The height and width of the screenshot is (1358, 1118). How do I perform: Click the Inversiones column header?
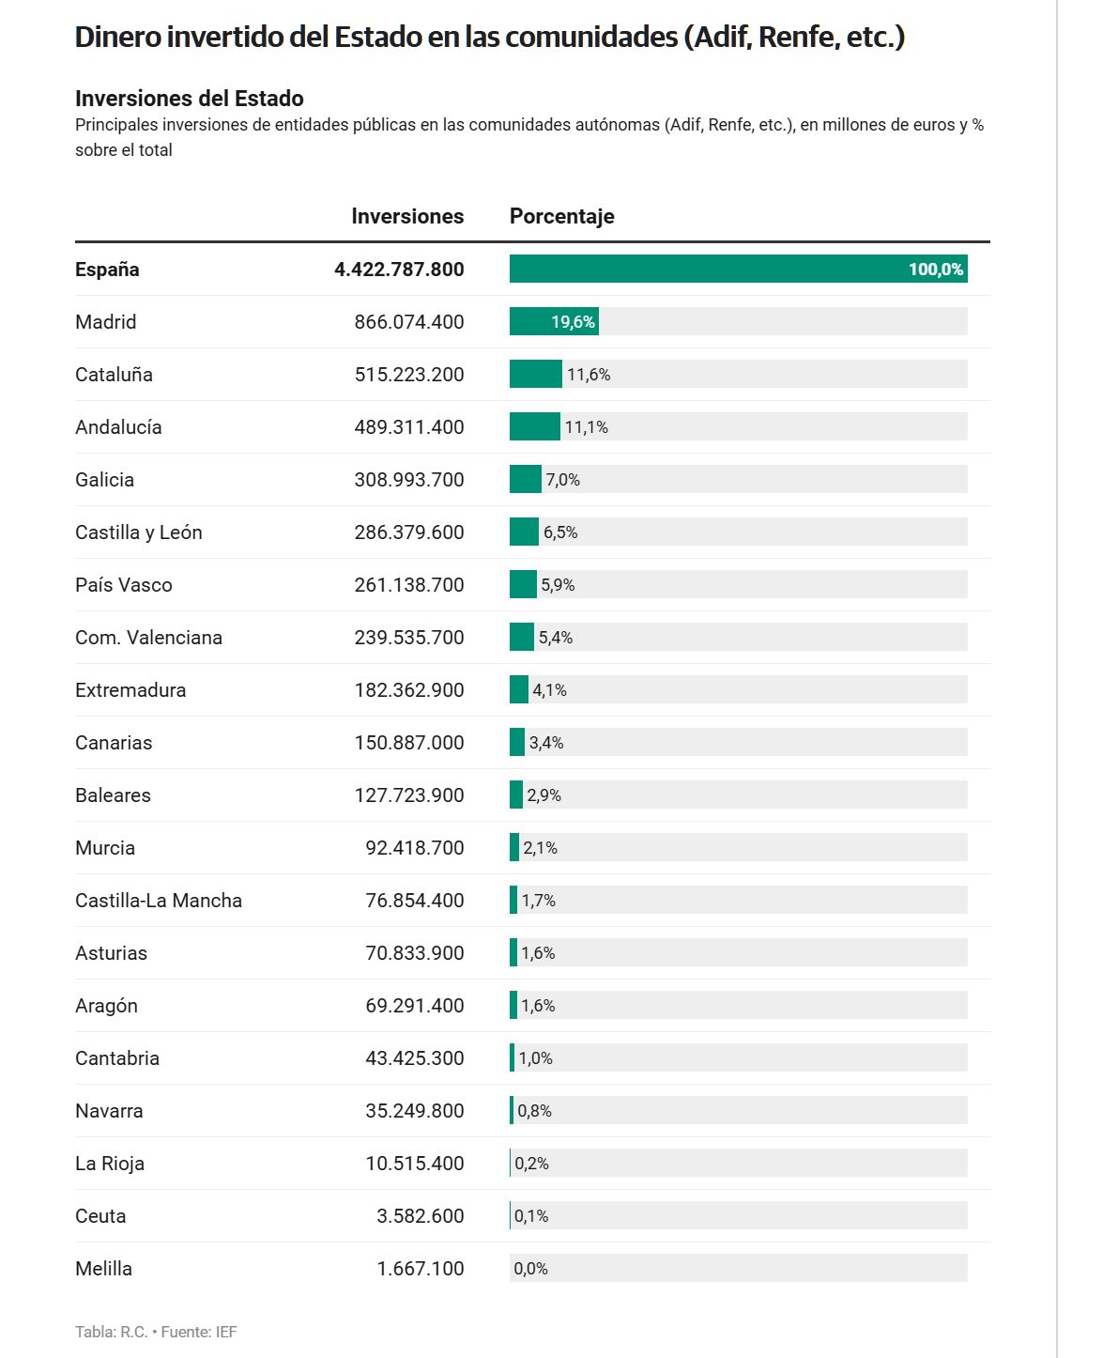tap(407, 216)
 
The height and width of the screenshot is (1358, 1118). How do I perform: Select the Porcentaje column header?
tap(561, 217)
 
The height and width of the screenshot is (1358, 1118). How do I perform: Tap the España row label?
tap(107, 270)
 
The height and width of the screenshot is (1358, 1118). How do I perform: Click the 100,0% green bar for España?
tap(739, 269)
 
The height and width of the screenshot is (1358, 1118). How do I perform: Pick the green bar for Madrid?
tap(554, 321)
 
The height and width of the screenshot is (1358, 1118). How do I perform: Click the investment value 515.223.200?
tap(409, 375)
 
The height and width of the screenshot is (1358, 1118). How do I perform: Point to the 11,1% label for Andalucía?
tap(587, 427)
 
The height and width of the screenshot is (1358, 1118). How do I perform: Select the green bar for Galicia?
tap(525, 479)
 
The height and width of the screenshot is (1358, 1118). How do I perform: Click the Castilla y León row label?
tap(138, 532)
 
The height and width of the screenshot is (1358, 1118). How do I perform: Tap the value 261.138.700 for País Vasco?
tap(409, 585)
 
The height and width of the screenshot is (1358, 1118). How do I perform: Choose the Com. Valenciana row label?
tap(149, 638)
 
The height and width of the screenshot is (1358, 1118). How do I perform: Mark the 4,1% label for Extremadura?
tap(550, 690)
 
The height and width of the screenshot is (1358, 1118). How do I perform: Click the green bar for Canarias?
tap(516, 742)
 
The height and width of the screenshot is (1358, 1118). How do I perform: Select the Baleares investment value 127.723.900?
tap(409, 795)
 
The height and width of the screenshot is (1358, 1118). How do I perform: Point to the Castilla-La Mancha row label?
tap(159, 900)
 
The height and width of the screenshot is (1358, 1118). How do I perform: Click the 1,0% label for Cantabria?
tap(536, 1058)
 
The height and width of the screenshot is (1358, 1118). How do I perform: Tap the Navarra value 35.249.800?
tap(415, 1110)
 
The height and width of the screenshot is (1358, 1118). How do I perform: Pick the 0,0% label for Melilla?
tap(531, 1268)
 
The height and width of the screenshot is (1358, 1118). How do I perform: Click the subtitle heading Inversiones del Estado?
tap(190, 99)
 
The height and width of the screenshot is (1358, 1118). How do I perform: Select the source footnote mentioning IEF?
tap(156, 1332)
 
